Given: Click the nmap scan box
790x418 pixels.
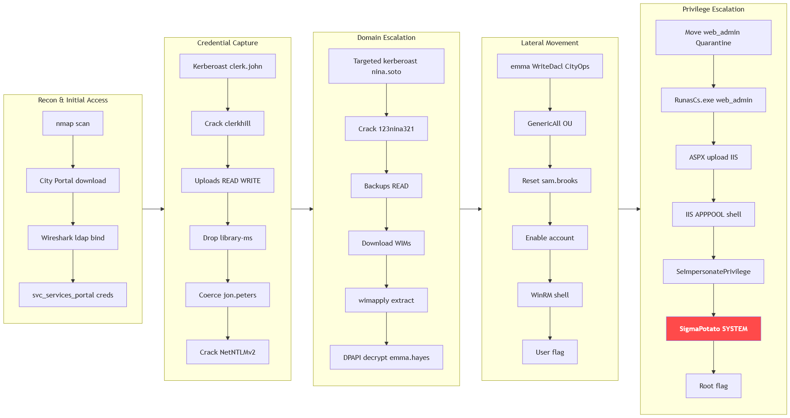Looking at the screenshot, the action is [73, 123].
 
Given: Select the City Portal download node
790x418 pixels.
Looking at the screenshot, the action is [73, 180].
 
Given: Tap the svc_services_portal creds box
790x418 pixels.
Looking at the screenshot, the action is [73, 295].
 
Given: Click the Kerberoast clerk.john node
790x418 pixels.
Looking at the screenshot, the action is [228, 66].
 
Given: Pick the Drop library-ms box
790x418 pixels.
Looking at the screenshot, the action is [228, 238].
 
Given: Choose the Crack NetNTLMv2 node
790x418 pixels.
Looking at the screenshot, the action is [228, 352].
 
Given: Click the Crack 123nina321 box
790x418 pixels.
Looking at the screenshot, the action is [386, 129].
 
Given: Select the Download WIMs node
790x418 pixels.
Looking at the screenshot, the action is [386, 243].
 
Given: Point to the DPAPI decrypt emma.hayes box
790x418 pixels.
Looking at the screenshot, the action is [386, 357].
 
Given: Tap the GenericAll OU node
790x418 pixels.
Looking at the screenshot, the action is [550, 123].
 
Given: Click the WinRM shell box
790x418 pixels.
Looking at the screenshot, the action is [550, 295].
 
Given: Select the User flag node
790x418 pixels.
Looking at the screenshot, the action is [550, 352].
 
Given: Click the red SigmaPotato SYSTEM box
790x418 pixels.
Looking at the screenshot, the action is [713, 328].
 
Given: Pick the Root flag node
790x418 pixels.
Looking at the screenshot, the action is [713, 386].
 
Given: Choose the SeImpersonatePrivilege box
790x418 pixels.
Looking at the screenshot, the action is [713, 271].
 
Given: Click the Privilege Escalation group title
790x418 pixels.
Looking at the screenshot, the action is [713, 9].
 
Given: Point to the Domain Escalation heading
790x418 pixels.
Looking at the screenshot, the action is [386, 38].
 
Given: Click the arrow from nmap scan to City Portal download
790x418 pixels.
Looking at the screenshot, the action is [73, 152].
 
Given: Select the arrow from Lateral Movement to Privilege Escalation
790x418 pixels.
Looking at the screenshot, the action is [629, 209].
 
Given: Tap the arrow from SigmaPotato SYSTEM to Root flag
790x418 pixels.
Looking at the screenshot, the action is [713, 357].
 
